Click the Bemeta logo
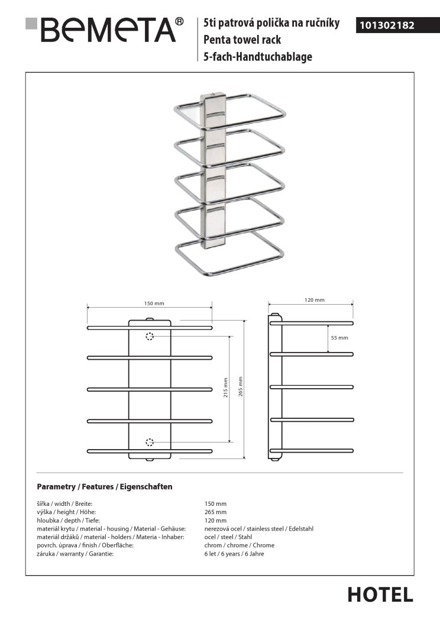click(x=104, y=30)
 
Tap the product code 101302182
click(x=387, y=25)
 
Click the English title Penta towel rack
click(x=242, y=40)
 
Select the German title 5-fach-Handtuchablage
click(x=258, y=57)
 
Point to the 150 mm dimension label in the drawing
click(x=154, y=303)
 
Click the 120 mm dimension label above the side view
click(x=315, y=300)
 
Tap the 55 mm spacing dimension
click(x=339, y=338)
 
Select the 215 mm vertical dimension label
click(x=225, y=388)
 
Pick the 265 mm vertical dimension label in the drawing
click(x=241, y=386)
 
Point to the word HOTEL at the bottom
click(x=380, y=595)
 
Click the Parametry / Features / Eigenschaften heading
click(x=105, y=487)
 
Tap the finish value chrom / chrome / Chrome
click(x=240, y=545)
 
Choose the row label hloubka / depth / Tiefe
click(x=68, y=520)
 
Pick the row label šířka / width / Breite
click(x=64, y=503)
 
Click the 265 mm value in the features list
click(x=216, y=512)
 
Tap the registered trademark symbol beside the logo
click(x=180, y=21)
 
